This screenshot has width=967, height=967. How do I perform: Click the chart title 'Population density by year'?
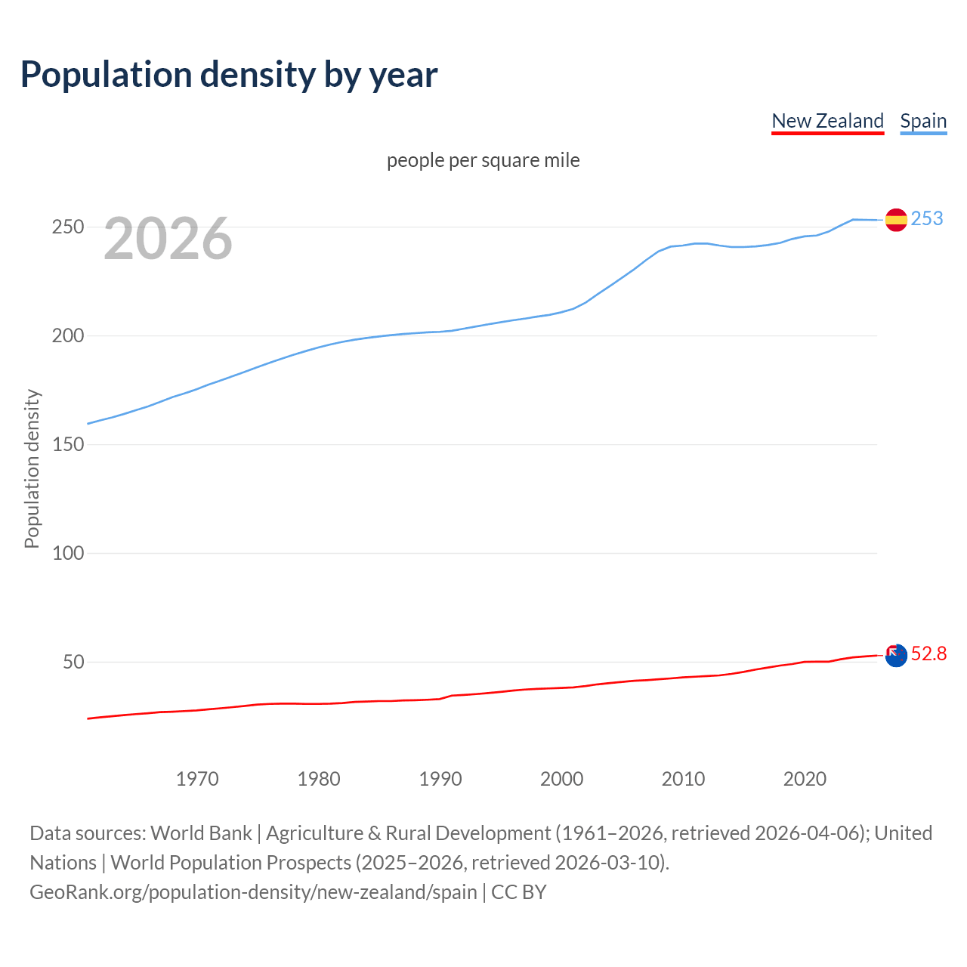click(229, 75)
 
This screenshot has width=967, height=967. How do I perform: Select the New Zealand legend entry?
click(827, 121)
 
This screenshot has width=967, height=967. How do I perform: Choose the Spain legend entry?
click(923, 121)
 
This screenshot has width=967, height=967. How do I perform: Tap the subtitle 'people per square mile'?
click(483, 160)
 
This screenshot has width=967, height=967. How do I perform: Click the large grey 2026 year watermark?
click(168, 239)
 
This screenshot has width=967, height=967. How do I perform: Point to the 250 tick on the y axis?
click(67, 227)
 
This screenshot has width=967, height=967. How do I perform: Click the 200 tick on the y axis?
click(67, 335)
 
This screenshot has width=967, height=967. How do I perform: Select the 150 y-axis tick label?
click(67, 444)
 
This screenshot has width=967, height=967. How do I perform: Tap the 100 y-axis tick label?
click(67, 553)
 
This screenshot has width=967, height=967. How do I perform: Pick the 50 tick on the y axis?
click(73, 662)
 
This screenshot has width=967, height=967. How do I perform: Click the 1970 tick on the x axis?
click(197, 779)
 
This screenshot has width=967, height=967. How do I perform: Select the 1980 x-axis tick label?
click(319, 779)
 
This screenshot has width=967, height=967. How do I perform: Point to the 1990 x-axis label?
click(440, 779)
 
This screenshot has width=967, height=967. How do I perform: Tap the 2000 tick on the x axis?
click(561, 779)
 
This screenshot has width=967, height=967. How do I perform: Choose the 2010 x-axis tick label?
click(683, 779)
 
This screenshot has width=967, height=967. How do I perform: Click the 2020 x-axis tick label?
click(805, 779)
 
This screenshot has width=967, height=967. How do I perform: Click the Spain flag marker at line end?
click(895, 220)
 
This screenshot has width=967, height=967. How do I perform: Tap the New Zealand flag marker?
click(895, 656)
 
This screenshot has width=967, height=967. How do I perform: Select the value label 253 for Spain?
click(927, 218)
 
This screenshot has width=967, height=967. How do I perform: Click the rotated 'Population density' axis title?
click(32, 468)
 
